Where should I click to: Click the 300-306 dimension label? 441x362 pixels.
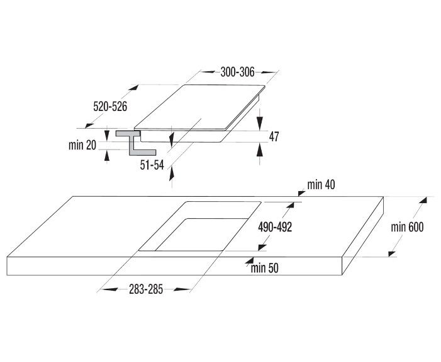tap(237, 72)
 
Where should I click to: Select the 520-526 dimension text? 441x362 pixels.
tap(110, 107)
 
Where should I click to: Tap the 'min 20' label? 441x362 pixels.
tap(82, 145)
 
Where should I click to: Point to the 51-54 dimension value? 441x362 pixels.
tap(152, 165)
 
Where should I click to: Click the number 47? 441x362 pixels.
tap(274, 137)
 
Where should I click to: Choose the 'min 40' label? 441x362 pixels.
tap(321, 185)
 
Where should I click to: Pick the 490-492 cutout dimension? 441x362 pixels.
tap(275, 227)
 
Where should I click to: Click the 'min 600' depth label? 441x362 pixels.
tap(407, 227)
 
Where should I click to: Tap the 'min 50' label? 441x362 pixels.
tap(265, 268)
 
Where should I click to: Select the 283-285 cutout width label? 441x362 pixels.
tap(146, 289)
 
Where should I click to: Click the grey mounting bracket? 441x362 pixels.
tap(135, 143)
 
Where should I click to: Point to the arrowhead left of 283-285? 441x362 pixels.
tap(109, 289)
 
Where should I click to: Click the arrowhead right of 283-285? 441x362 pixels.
tap(182, 289)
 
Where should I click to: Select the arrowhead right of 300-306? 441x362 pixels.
tap(268, 72)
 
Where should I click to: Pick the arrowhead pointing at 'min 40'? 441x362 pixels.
tap(301, 193)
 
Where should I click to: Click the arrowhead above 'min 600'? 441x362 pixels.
tap(423, 200)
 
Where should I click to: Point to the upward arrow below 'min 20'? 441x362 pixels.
tap(107, 156)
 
